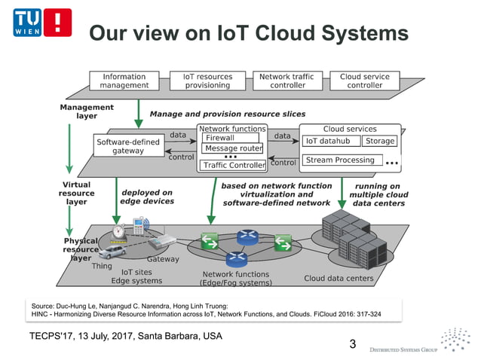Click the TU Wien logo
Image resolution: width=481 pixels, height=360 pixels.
tap(41, 24)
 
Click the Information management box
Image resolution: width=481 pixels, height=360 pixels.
tap(124, 81)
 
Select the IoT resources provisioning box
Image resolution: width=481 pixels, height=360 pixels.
tap(207, 81)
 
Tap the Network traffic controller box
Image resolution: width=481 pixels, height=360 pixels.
tap(286, 81)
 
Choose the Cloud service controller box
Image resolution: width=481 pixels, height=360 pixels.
tap(365, 81)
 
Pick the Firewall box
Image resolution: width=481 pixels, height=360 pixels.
tap(230, 138)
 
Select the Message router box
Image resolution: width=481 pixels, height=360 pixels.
tap(233, 148)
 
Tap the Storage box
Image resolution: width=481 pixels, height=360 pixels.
tap(379, 141)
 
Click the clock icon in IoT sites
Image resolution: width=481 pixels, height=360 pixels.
tap(118, 231)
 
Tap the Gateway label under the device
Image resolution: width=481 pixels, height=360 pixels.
tap(163, 259)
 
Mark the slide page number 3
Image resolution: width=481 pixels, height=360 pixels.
tap(352, 344)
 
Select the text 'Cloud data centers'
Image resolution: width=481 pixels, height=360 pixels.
tap(339, 278)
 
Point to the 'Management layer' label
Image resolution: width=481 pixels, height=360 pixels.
tap(87, 111)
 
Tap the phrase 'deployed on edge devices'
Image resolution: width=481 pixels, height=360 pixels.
tap(147, 197)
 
